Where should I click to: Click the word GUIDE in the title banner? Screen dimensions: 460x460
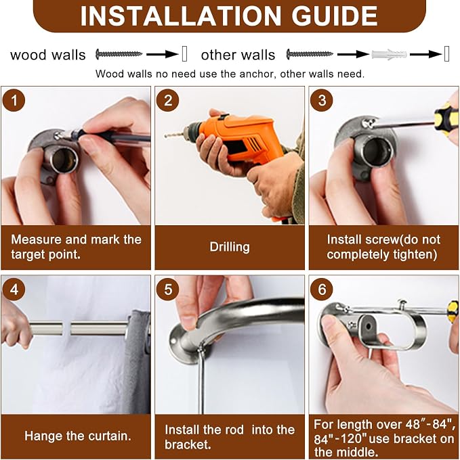(334, 16)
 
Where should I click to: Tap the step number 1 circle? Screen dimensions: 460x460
(14, 100)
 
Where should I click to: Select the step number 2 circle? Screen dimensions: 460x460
(168, 100)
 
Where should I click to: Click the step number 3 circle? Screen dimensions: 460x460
(322, 100)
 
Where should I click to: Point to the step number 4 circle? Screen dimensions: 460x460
(14, 290)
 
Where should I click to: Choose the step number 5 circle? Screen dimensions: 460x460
(168, 290)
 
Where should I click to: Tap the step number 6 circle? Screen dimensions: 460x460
(322, 290)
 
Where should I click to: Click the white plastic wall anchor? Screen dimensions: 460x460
(390, 55)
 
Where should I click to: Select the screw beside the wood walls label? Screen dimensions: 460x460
(119, 54)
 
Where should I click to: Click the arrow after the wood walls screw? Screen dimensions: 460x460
(163, 54)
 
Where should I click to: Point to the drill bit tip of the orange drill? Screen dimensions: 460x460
(165, 136)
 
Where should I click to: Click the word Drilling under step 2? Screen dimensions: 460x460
(230, 247)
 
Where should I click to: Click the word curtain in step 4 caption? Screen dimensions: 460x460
(110, 436)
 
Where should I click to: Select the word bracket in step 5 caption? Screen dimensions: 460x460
(188, 444)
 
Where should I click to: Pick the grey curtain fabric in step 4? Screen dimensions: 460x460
(138, 361)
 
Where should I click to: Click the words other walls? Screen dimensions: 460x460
(238, 55)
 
